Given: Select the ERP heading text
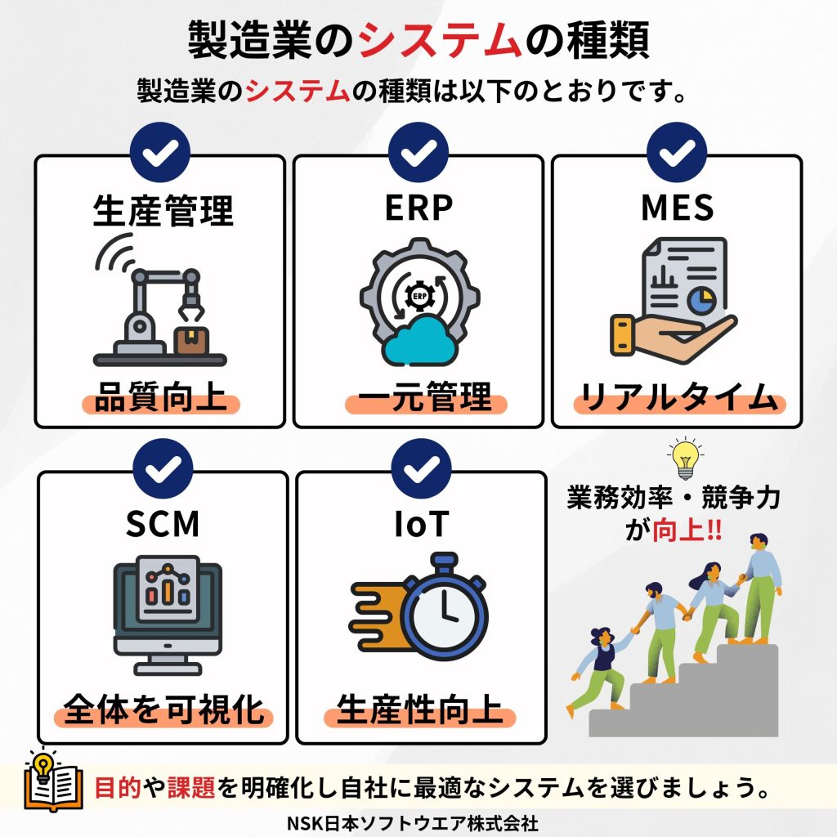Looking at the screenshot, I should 418,208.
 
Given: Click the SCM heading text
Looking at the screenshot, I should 163,524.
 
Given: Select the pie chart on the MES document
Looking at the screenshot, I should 700,302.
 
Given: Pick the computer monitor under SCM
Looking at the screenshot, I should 166,609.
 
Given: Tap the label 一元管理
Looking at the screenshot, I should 418,399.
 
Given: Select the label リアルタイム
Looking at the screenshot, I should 678,400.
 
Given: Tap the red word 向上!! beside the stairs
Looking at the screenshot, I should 686,530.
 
